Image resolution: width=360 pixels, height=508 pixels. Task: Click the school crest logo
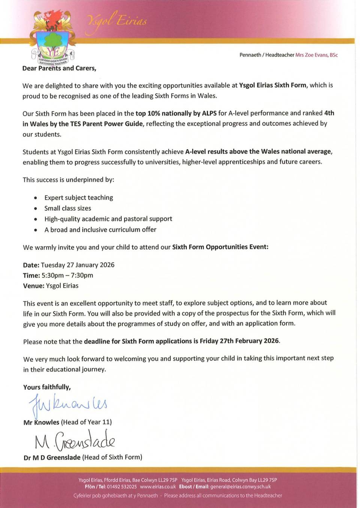coord(53,37)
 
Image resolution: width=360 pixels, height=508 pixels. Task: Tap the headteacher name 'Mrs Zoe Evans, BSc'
coord(316,55)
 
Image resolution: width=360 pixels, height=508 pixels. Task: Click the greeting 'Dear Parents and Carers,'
coord(59,68)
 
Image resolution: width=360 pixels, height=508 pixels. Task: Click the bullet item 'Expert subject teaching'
coord(78,197)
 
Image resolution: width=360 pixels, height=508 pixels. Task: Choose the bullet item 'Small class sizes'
coord(67,208)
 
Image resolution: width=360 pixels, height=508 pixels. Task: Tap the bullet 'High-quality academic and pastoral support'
coord(108,219)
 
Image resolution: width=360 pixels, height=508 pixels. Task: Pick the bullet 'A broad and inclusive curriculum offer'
coord(100,230)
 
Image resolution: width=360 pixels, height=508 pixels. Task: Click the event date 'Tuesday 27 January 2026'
coord(78,265)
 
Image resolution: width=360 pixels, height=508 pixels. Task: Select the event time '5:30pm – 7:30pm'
coord(67,275)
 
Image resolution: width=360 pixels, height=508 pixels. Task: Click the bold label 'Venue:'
coord(33,286)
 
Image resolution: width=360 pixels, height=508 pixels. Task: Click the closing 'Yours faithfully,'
coord(47,387)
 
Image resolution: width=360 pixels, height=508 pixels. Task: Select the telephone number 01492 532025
coord(121,487)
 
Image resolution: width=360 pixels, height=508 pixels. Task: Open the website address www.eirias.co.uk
coord(157,487)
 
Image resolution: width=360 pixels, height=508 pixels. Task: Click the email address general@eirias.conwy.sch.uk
coord(240,487)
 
